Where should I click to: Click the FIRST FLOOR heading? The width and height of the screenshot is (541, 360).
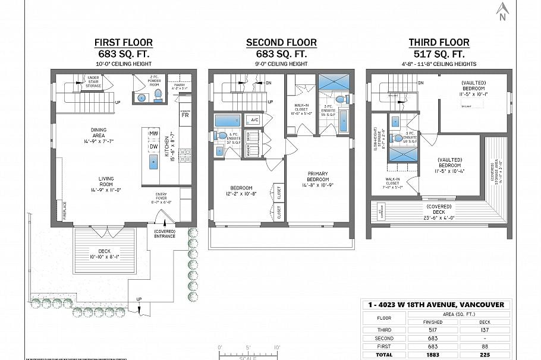click(x=124, y=42)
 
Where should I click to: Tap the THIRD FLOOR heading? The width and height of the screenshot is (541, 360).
click(x=439, y=42)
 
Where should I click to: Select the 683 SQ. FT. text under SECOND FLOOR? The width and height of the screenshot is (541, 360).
click(x=281, y=53)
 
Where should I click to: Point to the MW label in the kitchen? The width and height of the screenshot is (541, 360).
click(x=153, y=134)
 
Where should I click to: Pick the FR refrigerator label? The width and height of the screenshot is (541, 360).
click(x=185, y=115)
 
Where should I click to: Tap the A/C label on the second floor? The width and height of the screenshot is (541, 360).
click(x=255, y=119)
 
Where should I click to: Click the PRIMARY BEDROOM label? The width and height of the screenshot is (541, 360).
click(x=318, y=176)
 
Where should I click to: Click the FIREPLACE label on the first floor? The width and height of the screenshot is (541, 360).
click(x=65, y=211)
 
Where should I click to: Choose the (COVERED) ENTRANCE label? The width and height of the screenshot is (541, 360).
click(x=164, y=233)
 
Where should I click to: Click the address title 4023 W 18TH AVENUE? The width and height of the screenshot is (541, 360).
click(x=436, y=305)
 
